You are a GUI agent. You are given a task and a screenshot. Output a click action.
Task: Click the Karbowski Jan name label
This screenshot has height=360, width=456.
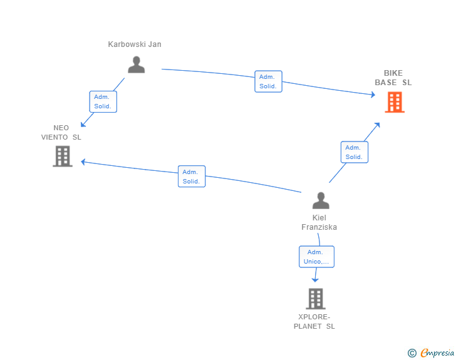click(135, 44)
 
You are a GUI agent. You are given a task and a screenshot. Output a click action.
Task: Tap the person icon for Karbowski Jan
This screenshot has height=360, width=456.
click(136, 64)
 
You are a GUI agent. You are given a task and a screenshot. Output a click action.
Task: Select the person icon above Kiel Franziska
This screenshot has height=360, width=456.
click(321, 200)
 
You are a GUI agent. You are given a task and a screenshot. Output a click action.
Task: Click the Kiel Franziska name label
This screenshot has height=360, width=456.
click(319, 222)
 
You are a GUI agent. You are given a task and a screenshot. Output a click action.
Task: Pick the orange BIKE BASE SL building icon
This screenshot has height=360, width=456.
click(395, 102)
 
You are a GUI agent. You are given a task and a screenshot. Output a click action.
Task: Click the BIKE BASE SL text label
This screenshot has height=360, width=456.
click(393, 78)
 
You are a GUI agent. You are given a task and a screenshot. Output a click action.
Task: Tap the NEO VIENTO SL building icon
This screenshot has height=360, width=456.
click(63, 157)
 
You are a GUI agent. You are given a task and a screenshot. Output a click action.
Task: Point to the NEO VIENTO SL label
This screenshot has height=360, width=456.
click(61, 133)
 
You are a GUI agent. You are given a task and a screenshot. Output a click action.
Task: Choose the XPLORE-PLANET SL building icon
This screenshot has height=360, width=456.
click(316, 299)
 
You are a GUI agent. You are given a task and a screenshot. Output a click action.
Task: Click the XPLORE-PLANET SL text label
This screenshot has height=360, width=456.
click(314, 322)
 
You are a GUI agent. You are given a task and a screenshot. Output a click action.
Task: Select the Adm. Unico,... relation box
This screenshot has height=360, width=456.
click(316, 257)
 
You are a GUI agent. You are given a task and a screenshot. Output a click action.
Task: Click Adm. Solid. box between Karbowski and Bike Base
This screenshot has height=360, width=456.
click(268, 81)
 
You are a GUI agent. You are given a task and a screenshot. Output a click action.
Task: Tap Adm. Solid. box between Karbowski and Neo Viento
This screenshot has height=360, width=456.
click(103, 101)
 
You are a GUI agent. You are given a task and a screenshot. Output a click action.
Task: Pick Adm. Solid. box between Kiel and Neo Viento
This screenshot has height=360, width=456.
click(192, 177)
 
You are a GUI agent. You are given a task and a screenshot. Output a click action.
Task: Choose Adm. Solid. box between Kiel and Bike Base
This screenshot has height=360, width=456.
click(355, 152)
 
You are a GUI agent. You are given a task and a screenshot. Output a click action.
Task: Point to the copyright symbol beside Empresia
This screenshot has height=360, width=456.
click(412, 353)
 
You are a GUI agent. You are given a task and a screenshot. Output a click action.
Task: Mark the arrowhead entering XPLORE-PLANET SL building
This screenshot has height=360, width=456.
click(315, 280)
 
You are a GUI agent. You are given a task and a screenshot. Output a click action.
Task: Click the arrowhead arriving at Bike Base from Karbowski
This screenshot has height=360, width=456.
click(373, 95)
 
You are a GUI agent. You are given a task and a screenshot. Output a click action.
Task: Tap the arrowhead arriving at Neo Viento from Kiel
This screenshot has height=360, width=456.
click(83, 162)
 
